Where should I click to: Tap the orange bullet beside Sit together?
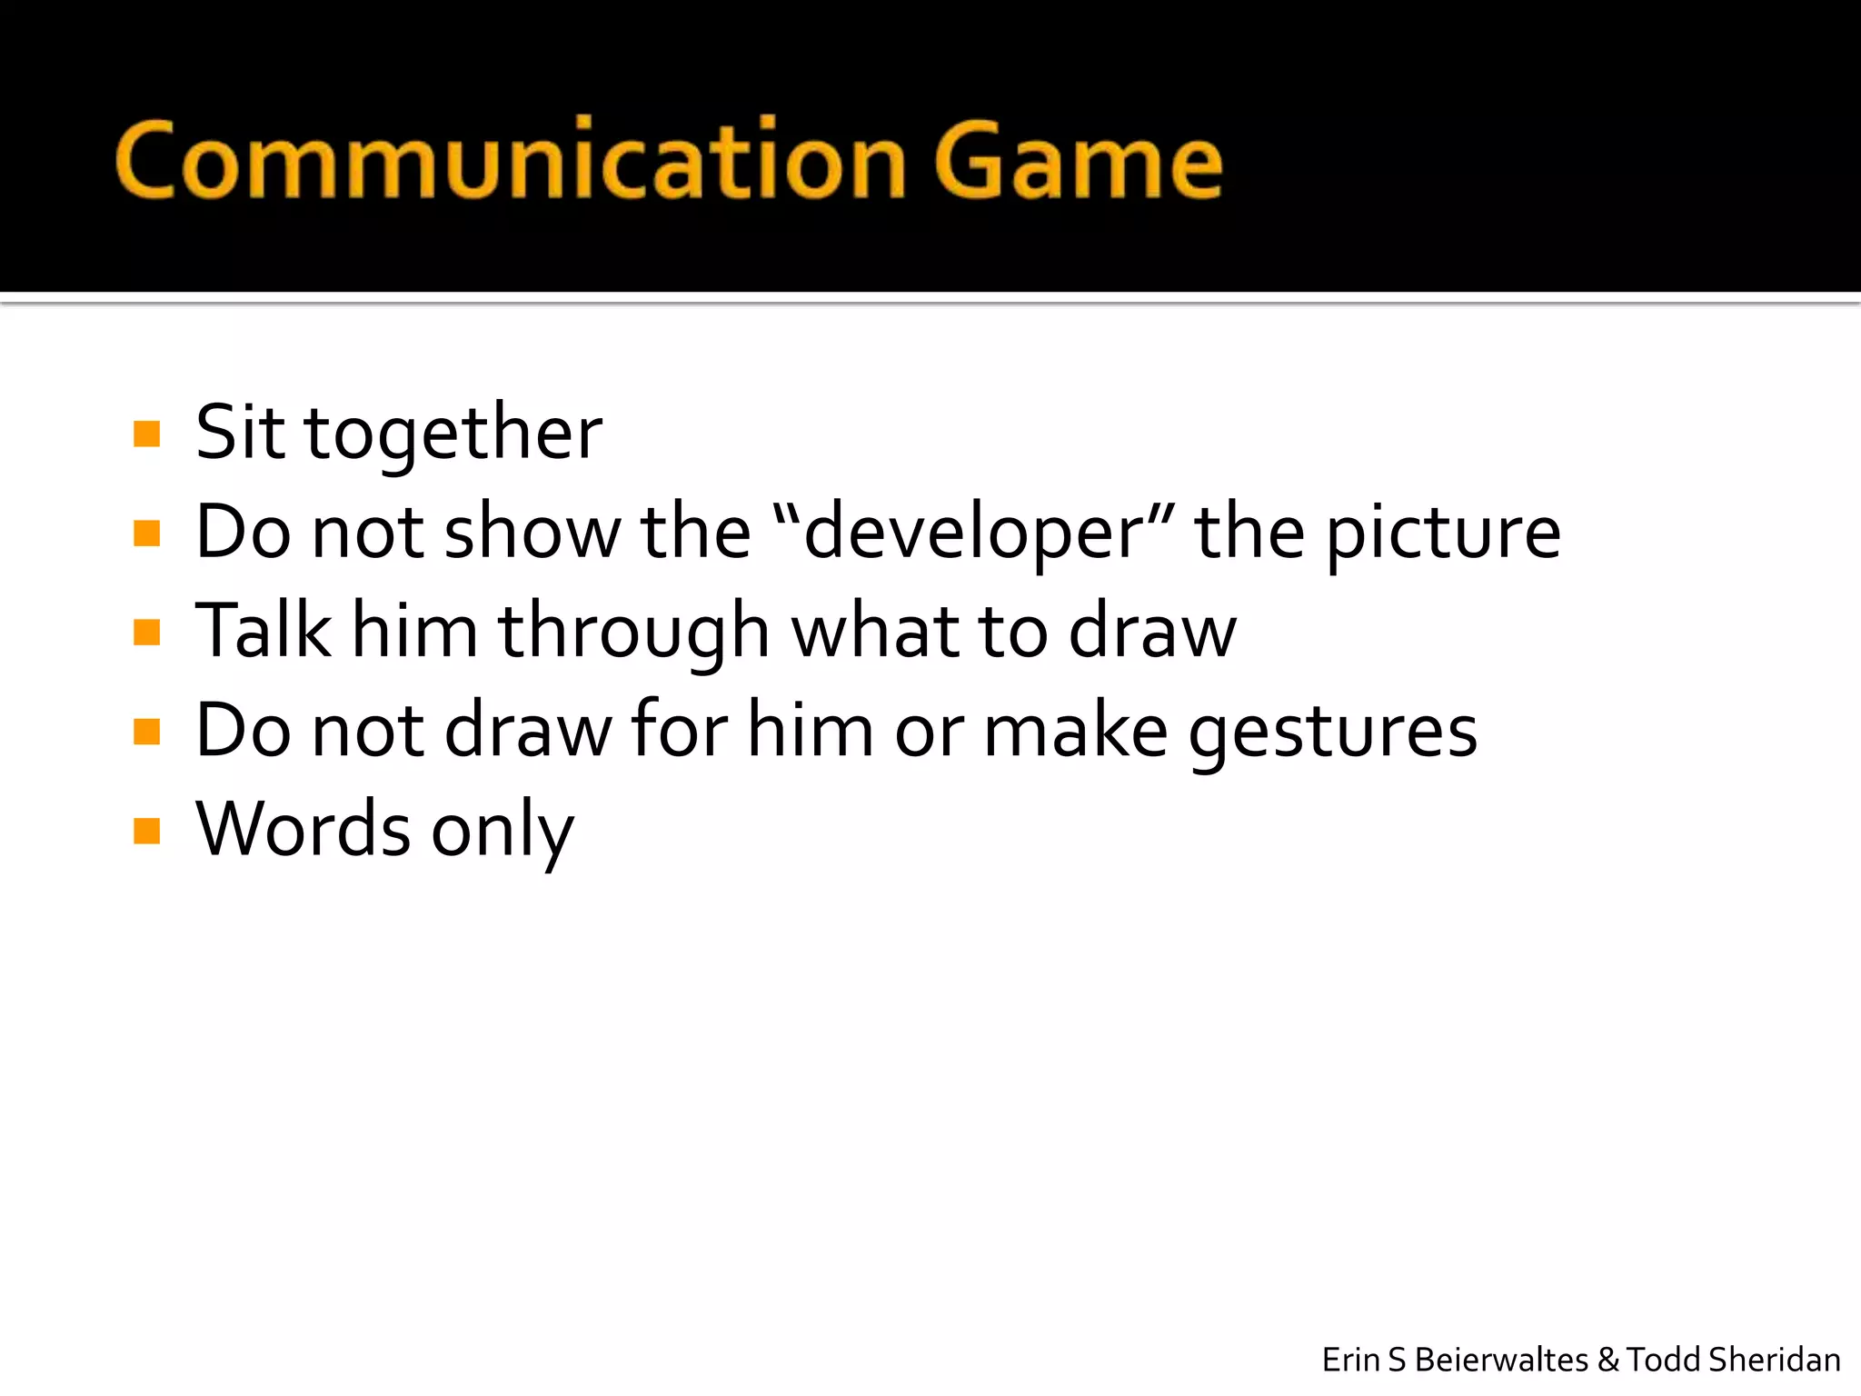click(146, 434)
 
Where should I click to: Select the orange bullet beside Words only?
click(146, 831)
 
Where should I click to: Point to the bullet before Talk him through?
click(146, 632)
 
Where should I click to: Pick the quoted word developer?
click(972, 533)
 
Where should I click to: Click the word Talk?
click(264, 630)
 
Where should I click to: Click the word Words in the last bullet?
click(304, 829)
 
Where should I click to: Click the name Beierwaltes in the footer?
click(1501, 1361)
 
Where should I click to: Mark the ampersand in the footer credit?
click(1608, 1361)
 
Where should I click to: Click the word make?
click(1076, 730)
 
